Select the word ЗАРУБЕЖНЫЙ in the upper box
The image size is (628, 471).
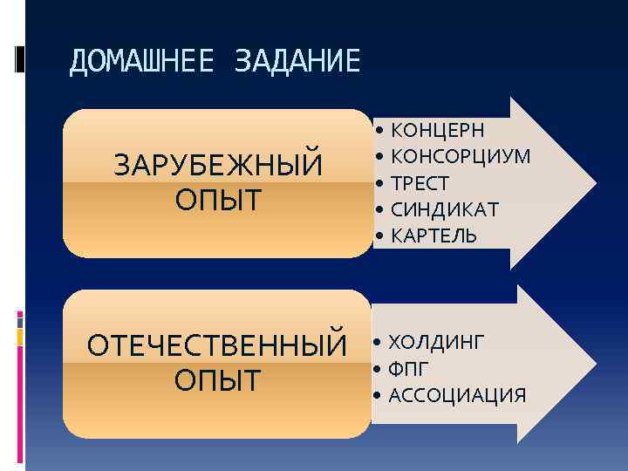[218, 165]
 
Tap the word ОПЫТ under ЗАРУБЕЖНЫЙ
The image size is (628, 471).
[218, 200]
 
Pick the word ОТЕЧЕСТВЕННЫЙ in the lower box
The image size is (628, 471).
[217, 345]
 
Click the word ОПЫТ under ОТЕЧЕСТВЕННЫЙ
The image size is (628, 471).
[217, 380]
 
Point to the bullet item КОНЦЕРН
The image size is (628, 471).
[437, 131]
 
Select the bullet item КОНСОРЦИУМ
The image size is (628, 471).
[461, 157]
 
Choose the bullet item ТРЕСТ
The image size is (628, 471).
[420, 183]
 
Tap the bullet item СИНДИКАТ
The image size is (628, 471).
[445, 209]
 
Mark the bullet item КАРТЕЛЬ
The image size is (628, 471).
[433, 235]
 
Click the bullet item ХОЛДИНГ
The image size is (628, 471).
[434, 341]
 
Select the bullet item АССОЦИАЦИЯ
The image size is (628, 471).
[456, 396]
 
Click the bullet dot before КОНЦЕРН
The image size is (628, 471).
[380, 131]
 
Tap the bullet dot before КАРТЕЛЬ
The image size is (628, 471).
[380, 236]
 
